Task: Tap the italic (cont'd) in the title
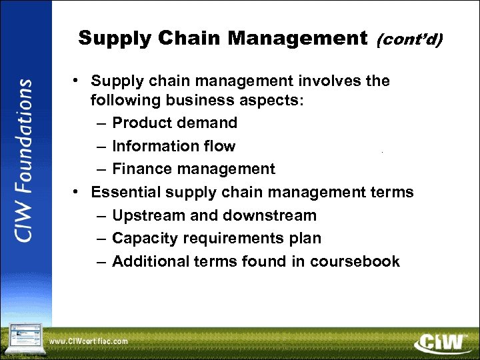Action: pos(409,40)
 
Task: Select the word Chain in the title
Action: pos(192,39)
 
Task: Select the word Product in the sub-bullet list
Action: pos(141,123)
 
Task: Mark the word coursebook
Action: pos(355,261)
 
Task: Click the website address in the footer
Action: pos(89,341)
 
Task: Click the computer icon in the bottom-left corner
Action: pos(24,339)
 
